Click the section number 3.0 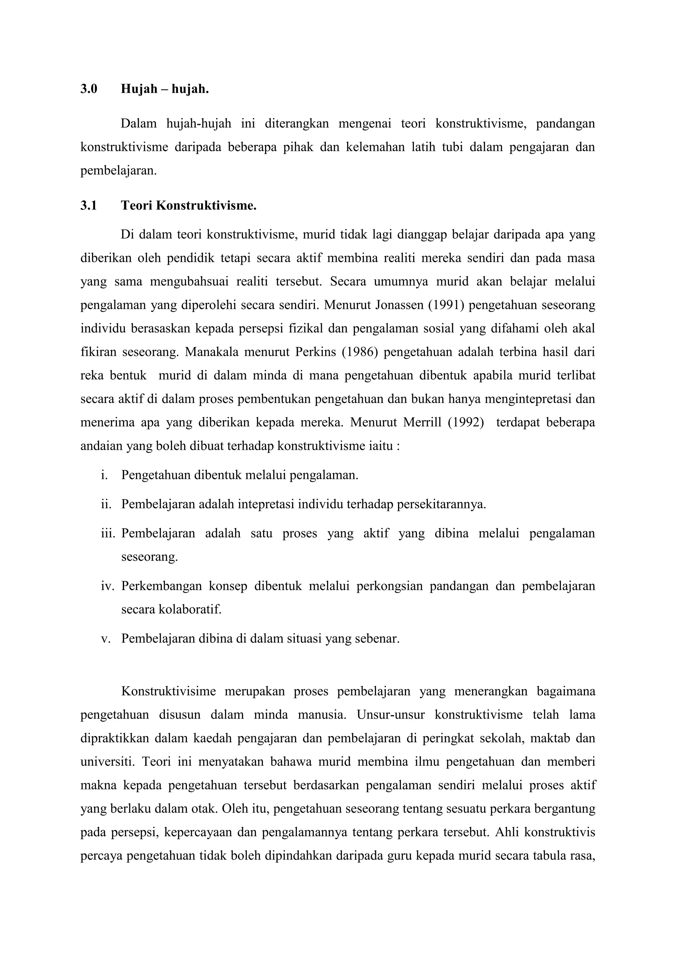[89, 89]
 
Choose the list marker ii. [106, 505]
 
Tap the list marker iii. [107, 534]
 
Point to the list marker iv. [107, 586]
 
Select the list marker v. [105, 639]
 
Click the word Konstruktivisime [169, 692]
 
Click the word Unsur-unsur [391, 715]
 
